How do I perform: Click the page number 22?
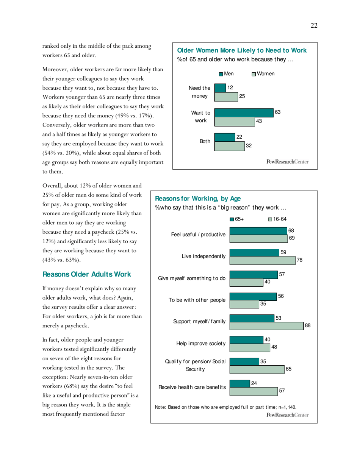[314, 25]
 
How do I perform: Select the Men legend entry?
[226, 73]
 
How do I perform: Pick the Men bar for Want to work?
[244, 113]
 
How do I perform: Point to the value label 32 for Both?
[249, 145]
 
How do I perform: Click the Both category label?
[205, 141]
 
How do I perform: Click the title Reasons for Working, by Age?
[198, 199]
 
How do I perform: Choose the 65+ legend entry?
[237, 219]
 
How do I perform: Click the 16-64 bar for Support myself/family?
[266, 326]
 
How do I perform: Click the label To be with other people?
[197, 300]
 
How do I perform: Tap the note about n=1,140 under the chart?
[225, 407]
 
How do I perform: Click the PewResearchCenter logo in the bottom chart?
[288, 415]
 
